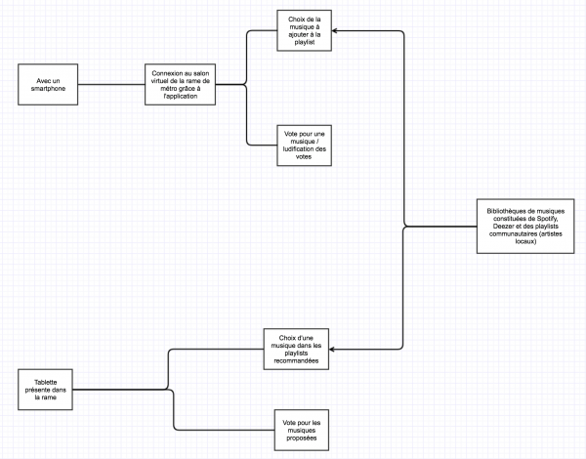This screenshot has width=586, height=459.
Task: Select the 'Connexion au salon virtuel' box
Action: tap(180, 86)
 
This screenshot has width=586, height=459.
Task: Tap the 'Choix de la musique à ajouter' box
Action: tap(304, 30)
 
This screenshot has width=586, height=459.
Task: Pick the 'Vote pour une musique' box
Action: tap(304, 145)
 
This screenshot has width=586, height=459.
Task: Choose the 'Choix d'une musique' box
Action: tap(300, 349)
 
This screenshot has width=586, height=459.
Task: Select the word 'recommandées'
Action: tap(300, 360)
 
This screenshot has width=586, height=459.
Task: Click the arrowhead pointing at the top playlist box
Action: tap(338, 30)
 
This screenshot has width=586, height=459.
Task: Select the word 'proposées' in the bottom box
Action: tap(303, 438)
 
